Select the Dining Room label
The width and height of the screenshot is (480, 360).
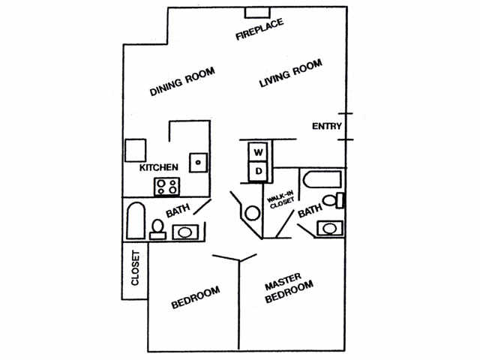click(182, 82)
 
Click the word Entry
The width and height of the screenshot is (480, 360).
click(326, 126)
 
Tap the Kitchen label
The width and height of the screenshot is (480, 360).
click(159, 168)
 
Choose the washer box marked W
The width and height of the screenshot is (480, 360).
click(258, 152)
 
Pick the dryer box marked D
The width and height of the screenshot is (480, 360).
click(258, 172)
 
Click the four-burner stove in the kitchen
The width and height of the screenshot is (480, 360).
click(166, 185)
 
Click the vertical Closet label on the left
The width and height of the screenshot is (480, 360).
click(136, 268)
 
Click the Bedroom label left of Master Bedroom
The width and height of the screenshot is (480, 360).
click(195, 297)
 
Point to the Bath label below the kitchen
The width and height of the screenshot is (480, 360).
click(178, 212)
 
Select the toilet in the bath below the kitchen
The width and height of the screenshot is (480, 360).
click(158, 227)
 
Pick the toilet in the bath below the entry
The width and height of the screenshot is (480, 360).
click(330, 201)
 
